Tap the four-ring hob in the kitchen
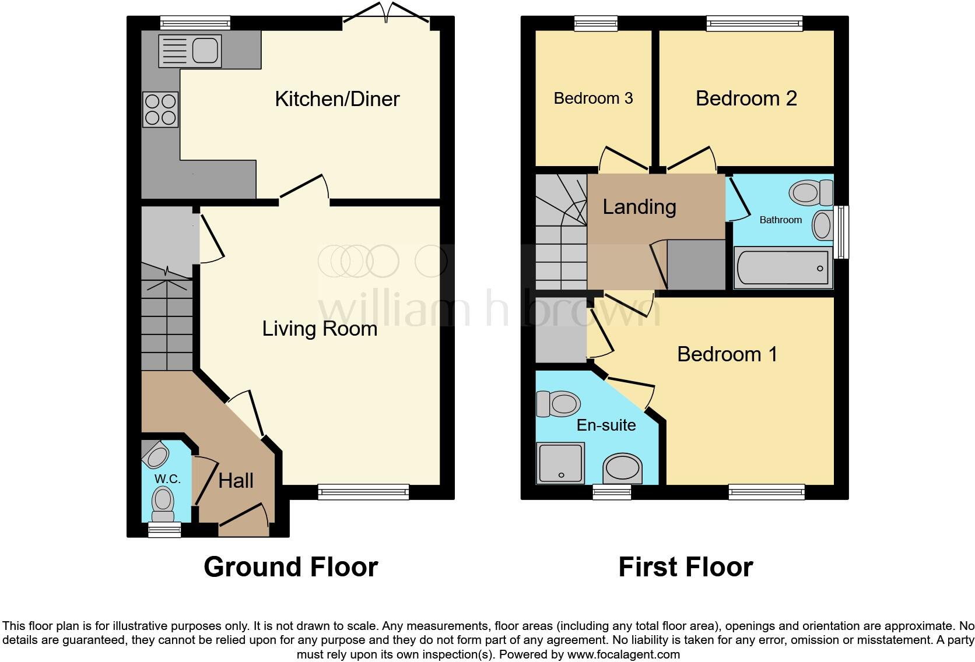(160, 110)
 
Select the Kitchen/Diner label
(337, 99)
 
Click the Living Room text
(320, 329)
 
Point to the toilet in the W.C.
(163, 504)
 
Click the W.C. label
(167, 479)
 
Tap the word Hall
(236, 481)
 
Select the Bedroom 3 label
(593, 98)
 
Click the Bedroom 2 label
(746, 98)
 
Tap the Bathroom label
(780, 220)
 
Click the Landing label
(639, 207)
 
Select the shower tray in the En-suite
(560, 463)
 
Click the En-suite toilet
(558, 403)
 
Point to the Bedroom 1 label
(727, 354)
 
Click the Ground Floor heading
(290, 566)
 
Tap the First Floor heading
(685, 566)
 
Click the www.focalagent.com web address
(623, 654)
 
